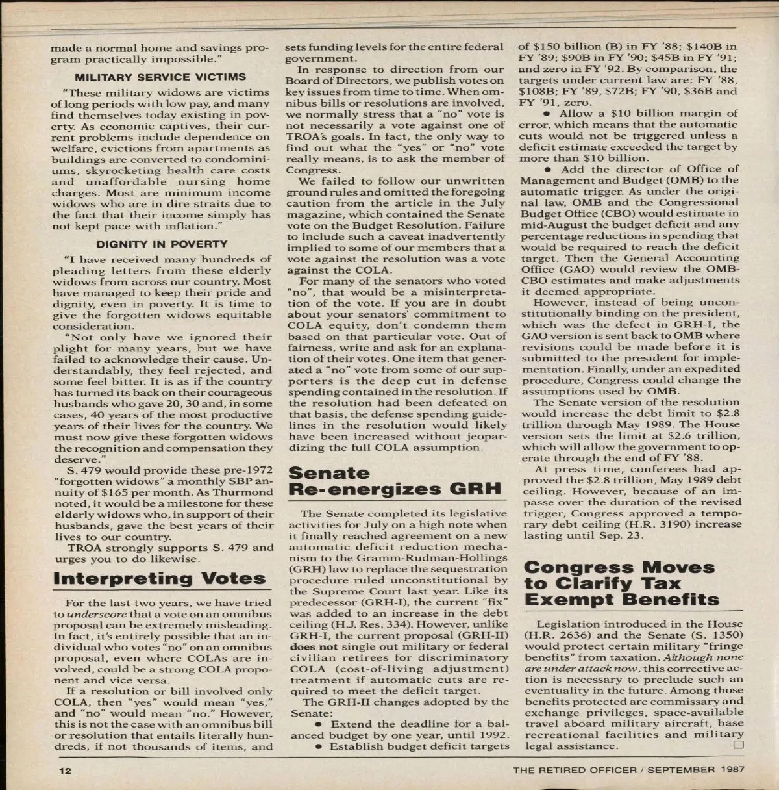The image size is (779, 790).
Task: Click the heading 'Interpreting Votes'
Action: tap(159, 578)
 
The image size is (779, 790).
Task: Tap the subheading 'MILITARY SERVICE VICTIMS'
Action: tap(160, 76)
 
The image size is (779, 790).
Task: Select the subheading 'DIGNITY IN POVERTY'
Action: tap(162, 244)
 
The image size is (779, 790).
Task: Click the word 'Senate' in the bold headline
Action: tap(328, 473)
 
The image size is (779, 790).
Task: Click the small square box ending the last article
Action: tap(737, 745)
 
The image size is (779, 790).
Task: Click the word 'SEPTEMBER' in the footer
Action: tap(678, 771)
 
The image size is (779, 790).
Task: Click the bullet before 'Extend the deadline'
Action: tap(318, 724)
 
